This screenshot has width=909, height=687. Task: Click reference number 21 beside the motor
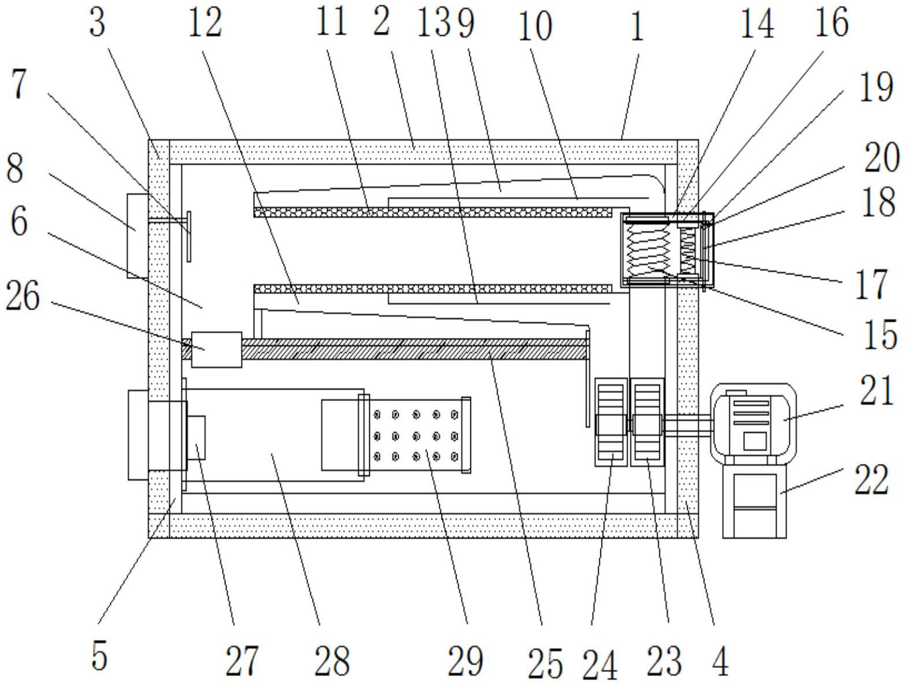pos(876,391)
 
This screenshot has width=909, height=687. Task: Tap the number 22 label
pos(872,480)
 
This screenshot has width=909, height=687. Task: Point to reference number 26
pos(23,295)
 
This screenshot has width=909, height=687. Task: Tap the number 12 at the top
pos(205,24)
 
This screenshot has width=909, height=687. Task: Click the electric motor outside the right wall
pos(753,423)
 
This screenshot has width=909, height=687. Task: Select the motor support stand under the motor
pos(754,500)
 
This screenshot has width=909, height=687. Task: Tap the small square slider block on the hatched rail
pos(217,350)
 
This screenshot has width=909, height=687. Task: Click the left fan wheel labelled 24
pos(611,422)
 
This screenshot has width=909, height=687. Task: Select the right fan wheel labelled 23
pos(647,422)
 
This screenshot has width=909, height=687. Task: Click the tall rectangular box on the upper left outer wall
pos(138,236)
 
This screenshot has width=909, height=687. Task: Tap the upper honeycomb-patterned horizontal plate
pos(433,213)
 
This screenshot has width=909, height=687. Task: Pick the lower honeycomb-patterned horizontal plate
pos(433,288)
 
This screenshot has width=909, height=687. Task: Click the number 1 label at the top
pos(637,25)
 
